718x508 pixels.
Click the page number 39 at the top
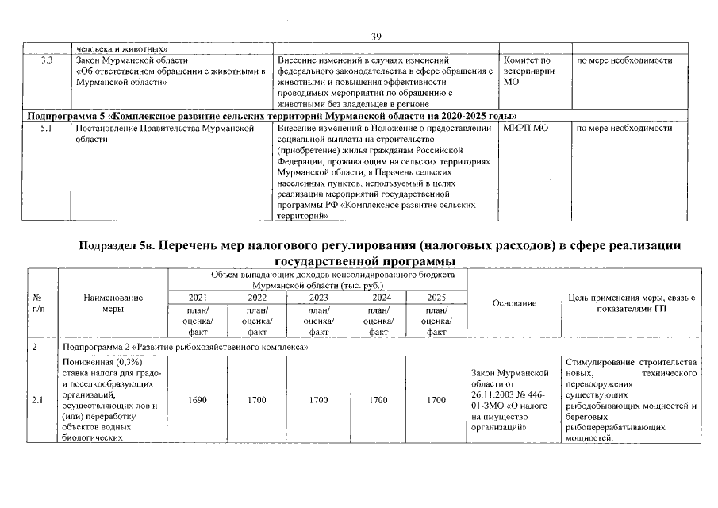pos(376,37)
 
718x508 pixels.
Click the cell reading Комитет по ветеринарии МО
pos(527,71)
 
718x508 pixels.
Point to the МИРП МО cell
pos(525,128)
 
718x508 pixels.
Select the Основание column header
pos(514,303)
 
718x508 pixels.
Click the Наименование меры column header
pos(113,303)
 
